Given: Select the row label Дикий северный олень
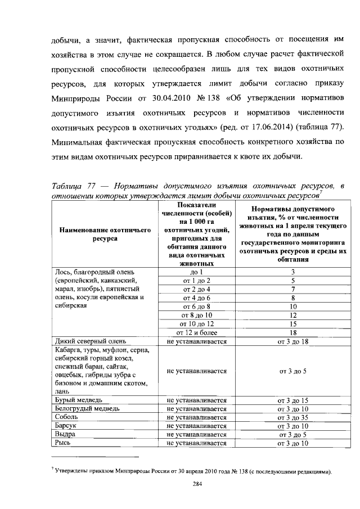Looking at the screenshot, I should point(82,341).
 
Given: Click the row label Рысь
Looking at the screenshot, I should point(64,443).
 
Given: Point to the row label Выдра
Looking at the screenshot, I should point(66,434).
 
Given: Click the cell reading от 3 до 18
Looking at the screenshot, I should point(292,341).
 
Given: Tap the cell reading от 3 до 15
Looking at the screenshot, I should point(292,399).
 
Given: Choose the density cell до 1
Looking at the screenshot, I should point(196,272).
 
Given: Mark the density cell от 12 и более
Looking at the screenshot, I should point(196,332).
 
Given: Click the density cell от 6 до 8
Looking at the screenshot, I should point(196,307).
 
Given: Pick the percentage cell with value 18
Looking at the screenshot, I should point(292,332).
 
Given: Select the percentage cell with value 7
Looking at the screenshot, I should point(292,289).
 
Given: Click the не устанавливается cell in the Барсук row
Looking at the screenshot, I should point(196,426).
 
